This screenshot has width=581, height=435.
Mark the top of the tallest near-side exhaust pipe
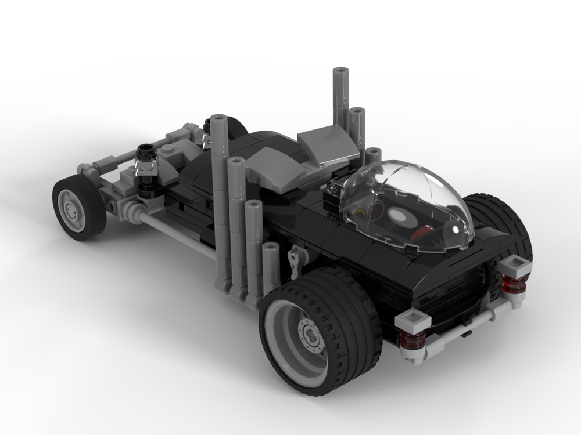click(218, 119)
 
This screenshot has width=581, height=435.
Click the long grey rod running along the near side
click(174, 232)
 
